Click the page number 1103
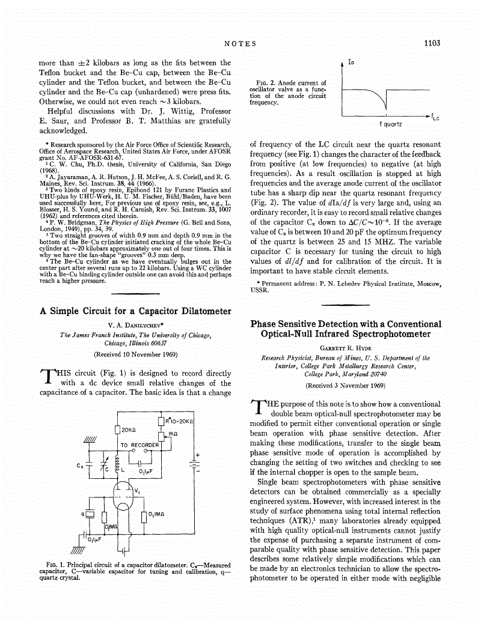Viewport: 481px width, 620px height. pyautogui.click(x=432, y=43)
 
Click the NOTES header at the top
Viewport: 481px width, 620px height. pyautogui.click(x=240, y=43)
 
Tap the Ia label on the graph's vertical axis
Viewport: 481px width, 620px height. pyautogui.click(x=351, y=62)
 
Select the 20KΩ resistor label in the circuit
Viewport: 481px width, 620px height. pyautogui.click(x=131, y=430)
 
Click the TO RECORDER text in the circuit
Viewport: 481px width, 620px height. pyautogui.click(x=139, y=445)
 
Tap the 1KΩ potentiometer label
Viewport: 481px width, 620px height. pyautogui.click(x=173, y=433)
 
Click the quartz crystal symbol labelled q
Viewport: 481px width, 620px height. pyautogui.click(x=90, y=514)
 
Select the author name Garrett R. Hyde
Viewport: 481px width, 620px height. pyautogui.click(x=346, y=348)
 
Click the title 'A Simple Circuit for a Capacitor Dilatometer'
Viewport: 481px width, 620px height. pyautogui.click(x=135, y=311)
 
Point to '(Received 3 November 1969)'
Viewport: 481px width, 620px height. pyautogui.click(x=346, y=385)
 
